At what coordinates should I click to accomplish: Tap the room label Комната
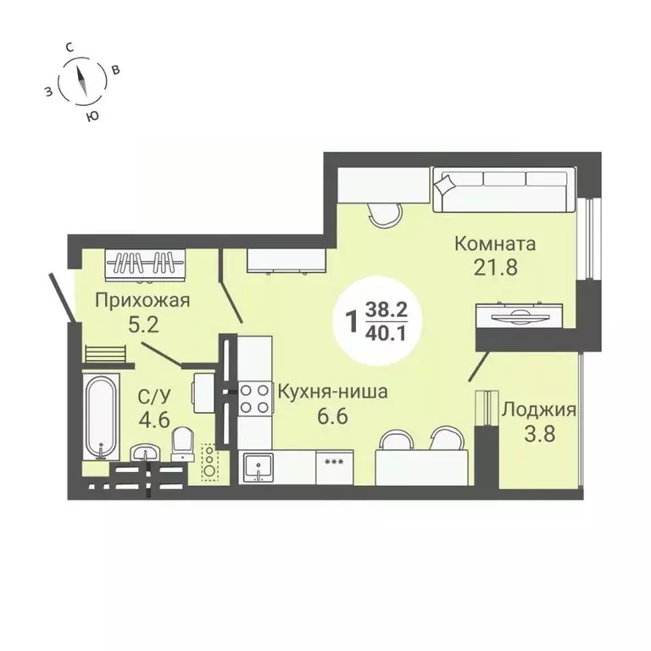tap(495, 245)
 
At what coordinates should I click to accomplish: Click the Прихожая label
tap(141, 299)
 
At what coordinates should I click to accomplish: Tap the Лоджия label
tap(539, 410)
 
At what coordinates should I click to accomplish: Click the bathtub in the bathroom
tap(101, 415)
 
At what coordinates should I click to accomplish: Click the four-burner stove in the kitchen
tap(253, 398)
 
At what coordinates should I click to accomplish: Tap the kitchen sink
tap(257, 467)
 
